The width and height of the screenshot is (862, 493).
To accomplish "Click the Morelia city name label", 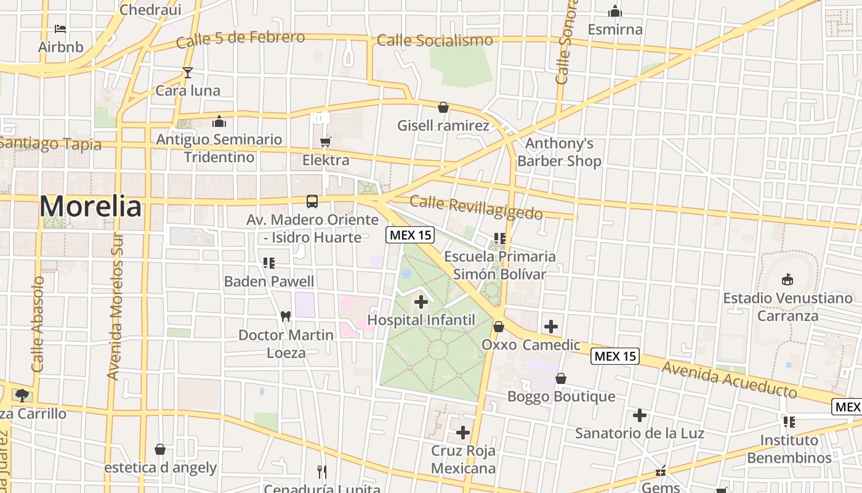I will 90,206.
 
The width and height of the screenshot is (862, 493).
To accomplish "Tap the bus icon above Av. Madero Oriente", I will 312,202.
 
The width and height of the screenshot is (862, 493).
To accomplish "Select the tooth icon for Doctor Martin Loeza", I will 285,317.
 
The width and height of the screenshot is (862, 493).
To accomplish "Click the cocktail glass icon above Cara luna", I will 188,73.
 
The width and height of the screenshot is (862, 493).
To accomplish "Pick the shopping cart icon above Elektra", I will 326,142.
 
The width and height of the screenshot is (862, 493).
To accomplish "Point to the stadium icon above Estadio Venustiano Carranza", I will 787,280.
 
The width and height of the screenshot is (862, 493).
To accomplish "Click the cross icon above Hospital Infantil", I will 421,302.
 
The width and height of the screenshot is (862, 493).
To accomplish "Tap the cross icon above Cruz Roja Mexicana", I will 462,433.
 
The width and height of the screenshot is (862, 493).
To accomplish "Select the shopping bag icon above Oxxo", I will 499,326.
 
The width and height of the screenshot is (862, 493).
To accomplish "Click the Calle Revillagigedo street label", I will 476,208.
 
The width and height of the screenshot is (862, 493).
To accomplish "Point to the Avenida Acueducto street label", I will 730,378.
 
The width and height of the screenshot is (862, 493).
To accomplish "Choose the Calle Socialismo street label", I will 435,41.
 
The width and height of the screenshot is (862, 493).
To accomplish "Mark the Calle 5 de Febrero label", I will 240,39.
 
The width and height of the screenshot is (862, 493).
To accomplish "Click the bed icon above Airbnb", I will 60,29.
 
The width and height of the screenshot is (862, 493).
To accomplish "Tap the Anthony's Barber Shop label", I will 559,152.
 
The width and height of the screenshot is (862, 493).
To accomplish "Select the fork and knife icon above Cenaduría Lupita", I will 321,472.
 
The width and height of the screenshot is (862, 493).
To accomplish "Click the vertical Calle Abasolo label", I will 38,324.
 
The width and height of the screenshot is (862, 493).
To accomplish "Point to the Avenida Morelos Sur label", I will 115,306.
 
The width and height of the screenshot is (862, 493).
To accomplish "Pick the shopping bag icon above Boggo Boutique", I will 560,378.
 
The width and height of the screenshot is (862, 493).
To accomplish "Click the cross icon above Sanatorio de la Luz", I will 640,415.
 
